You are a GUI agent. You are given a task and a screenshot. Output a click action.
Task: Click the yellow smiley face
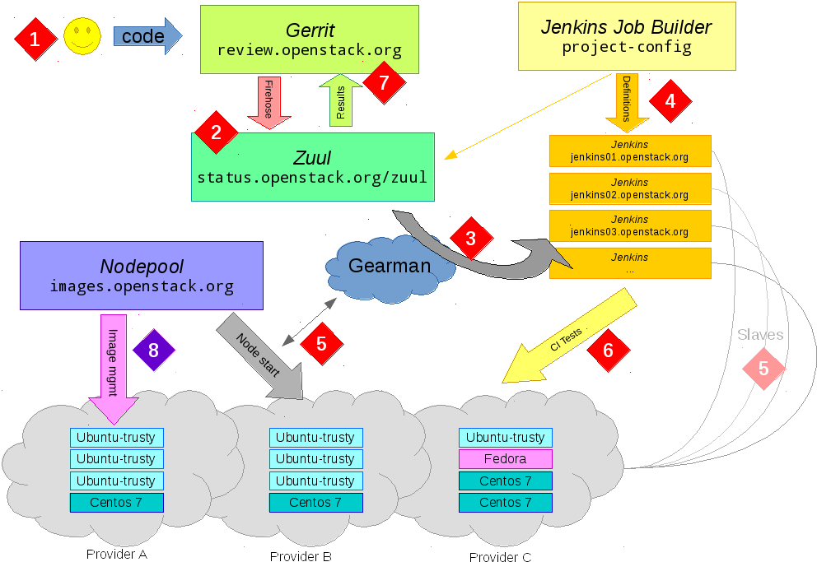pyautogui.click(x=82, y=37)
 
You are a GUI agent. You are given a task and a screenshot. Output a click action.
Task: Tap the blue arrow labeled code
pyautogui.click(x=147, y=37)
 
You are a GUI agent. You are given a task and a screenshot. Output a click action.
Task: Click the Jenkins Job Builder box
pyautogui.click(x=626, y=36)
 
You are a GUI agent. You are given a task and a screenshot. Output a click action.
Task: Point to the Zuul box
pyautogui.click(x=312, y=167)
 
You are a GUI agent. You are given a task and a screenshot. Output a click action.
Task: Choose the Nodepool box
pyautogui.click(x=142, y=275)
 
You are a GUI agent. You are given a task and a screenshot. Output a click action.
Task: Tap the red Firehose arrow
pyautogui.click(x=268, y=101)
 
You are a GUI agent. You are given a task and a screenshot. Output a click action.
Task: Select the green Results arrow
pyautogui.click(x=340, y=100)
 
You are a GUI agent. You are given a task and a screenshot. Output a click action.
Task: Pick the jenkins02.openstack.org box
pyautogui.click(x=629, y=188)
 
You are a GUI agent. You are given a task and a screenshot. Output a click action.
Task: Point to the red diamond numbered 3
pyautogui.click(x=471, y=239)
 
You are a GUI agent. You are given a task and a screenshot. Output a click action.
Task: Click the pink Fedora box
pyautogui.click(x=505, y=458)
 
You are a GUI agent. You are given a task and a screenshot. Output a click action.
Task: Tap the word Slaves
pyautogui.click(x=760, y=335)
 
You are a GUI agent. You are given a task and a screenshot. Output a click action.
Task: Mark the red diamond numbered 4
pyautogui.click(x=670, y=101)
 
